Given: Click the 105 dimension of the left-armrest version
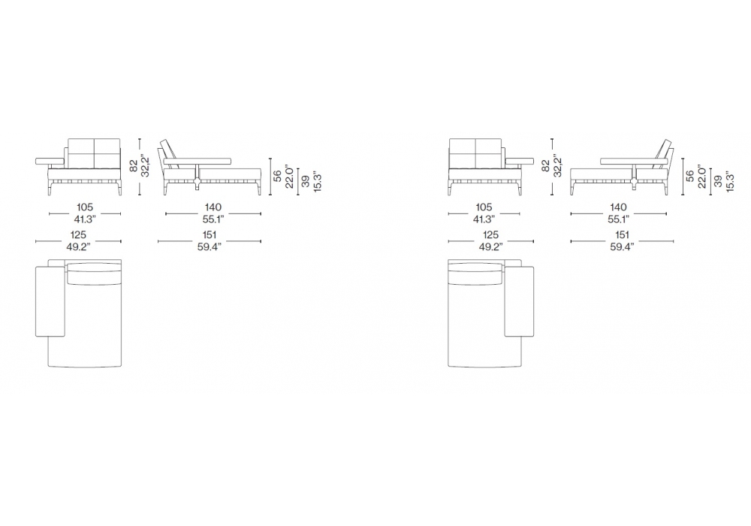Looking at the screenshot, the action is pyautogui.click(x=85, y=207).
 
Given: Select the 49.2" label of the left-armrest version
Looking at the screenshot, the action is pyautogui.click(x=78, y=247).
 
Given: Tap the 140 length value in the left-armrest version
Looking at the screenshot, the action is pyautogui.click(x=213, y=207).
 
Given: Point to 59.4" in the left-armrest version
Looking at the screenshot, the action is pyautogui.click(x=210, y=247).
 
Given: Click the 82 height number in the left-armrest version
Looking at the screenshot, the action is pyautogui.click(x=134, y=166).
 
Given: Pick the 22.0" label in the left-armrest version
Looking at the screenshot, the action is pyautogui.click(x=289, y=177).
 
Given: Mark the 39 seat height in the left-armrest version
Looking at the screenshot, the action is pyautogui.click(x=305, y=182).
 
